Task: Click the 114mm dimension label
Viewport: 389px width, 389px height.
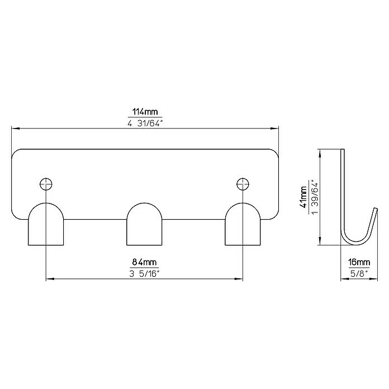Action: coord(145,112)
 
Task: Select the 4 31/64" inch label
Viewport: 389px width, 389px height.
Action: coord(145,124)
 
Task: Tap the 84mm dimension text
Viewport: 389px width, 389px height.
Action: coord(144,262)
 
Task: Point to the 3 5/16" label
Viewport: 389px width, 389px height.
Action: coord(144,274)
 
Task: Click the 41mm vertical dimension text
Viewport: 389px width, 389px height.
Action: coord(303,197)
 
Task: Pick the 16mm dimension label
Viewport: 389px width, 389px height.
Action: coord(359,262)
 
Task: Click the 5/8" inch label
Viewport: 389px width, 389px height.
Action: coord(359,274)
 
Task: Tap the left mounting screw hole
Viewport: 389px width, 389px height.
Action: coord(46,184)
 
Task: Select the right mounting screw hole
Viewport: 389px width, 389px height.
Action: coord(243,184)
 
